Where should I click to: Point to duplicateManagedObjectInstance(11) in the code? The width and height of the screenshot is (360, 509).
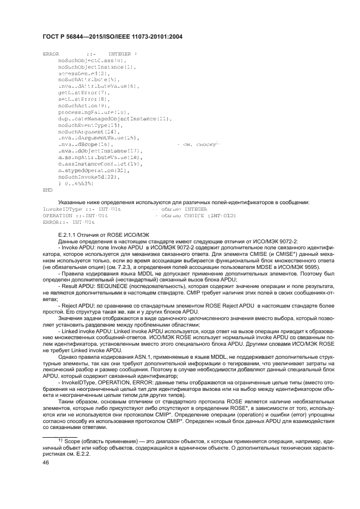(115, 118)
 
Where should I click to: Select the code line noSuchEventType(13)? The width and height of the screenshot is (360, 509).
(87, 125)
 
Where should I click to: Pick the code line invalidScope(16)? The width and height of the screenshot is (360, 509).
(85, 144)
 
